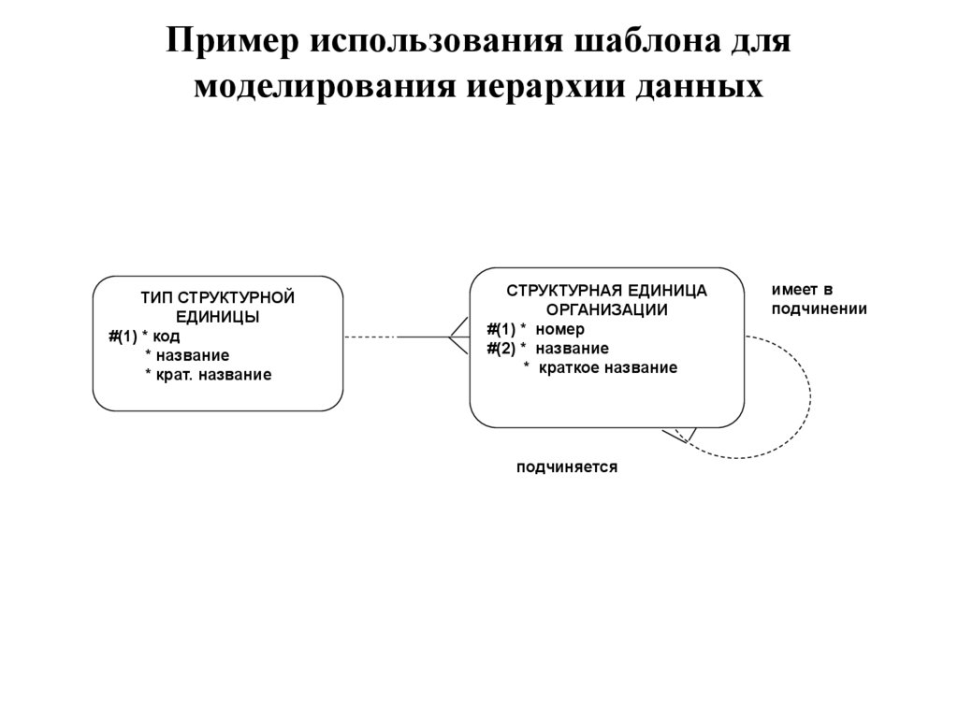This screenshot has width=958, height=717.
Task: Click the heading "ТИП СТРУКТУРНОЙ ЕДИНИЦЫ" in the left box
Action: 218,307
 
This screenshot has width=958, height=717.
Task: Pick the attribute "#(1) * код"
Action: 144,336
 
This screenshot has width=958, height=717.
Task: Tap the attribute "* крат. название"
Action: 208,375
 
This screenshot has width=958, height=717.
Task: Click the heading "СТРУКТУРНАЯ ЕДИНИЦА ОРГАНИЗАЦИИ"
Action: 607,300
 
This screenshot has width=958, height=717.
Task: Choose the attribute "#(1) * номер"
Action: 535,329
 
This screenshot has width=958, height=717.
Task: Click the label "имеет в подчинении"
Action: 819,299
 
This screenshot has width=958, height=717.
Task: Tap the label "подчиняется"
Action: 567,466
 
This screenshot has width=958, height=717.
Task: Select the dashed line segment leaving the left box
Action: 370,337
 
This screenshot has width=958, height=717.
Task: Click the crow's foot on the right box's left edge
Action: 458,336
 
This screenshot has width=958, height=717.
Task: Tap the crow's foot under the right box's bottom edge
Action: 680,435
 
